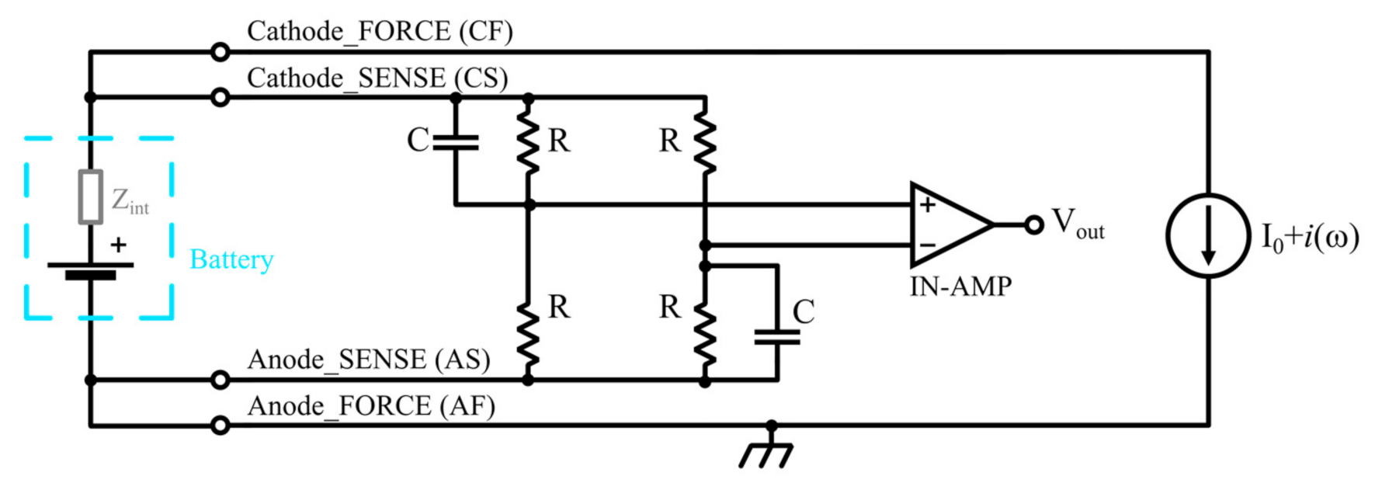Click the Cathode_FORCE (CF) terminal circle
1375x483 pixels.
pos(220,52)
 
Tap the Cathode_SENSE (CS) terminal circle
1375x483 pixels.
pos(220,98)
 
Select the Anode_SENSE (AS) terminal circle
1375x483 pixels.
pos(220,380)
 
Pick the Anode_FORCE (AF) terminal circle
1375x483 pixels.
pos(220,426)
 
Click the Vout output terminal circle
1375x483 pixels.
pos(1033,225)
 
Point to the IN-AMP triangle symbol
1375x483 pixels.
pos(947,225)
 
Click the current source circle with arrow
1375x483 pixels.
pos(1208,235)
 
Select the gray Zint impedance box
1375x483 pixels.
pos(91,197)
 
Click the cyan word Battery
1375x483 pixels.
pos(231,259)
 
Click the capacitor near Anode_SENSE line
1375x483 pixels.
pos(776,337)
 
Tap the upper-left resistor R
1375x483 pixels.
pos(529,142)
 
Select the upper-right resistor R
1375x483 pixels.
pos(705,142)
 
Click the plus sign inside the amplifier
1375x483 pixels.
pos(927,205)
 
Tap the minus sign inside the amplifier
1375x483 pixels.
pos(927,245)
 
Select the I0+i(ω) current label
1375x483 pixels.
pos(1310,237)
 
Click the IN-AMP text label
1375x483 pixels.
pos(960,287)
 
